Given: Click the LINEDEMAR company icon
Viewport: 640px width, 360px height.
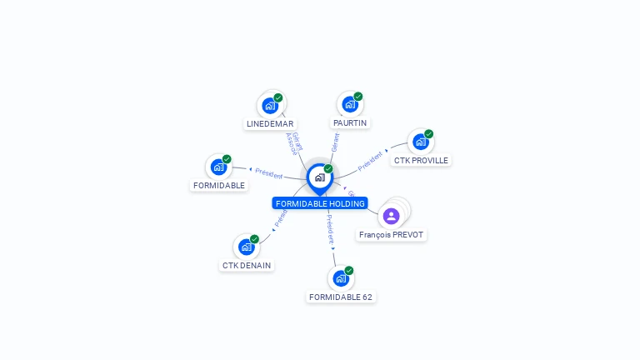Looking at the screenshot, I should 270,106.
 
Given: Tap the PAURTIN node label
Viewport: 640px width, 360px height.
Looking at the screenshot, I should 350,123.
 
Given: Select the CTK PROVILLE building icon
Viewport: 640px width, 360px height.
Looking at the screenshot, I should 421,142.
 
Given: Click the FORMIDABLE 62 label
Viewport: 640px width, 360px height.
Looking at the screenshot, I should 341,297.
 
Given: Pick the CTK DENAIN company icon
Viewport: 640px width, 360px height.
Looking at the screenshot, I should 246,247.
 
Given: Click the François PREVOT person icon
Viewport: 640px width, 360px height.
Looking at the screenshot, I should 392,216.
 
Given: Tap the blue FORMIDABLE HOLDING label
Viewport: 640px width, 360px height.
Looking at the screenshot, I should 320,203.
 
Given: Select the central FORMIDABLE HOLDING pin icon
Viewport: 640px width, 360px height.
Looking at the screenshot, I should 319,177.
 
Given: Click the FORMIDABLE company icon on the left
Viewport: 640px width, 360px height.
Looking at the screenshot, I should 218,167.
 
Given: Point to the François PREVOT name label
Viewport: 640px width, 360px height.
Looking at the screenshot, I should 392,235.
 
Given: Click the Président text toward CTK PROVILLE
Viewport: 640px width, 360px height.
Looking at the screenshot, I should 371,162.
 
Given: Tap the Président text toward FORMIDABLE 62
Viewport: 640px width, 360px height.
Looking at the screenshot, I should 329,228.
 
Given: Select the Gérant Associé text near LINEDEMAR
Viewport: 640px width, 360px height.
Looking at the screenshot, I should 294,143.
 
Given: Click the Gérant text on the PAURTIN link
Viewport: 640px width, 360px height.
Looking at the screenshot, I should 335,142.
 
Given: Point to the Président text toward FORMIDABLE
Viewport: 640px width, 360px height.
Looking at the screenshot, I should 268,173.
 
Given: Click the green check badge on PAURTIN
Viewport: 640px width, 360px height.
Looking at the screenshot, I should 358,97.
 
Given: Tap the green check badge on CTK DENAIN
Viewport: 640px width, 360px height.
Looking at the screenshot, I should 254,239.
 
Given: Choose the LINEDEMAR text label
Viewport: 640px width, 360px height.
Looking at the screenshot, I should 270,124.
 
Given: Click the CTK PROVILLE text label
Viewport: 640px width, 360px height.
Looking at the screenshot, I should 421,160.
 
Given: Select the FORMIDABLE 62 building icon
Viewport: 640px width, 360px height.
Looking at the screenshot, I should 341,278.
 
